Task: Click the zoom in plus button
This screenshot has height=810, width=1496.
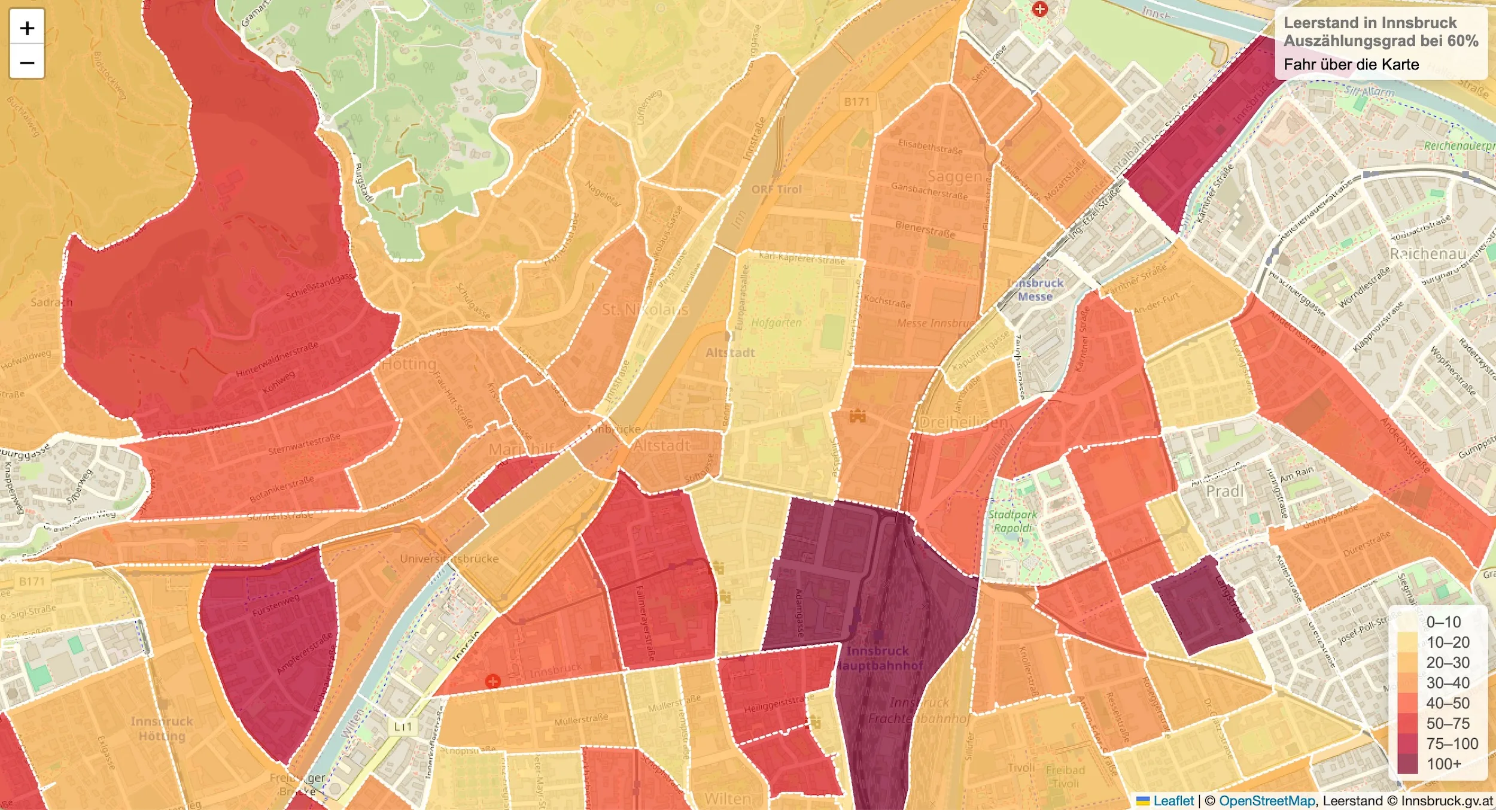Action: coord(27,28)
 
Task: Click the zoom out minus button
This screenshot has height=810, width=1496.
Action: coord(27,62)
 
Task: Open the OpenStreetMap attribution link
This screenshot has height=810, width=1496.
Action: coord(1267,800)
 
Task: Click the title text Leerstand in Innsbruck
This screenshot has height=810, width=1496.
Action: coord(1370,23)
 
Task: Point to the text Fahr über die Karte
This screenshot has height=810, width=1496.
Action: coord(1351,64)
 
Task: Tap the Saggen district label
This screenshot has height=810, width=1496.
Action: coord(954,176)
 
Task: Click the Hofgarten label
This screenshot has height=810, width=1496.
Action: coord(776,323)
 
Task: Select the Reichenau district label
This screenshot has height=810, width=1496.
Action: coord(1428,254)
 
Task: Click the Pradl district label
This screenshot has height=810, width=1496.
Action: coord(1224,492)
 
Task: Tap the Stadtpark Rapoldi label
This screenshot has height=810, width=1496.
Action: coord(1012,521)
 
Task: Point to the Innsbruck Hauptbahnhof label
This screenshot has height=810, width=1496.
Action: coord(878,658)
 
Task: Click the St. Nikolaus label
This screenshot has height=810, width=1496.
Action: coord(645,310)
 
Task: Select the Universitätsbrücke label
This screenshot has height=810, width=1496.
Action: coord(449,559)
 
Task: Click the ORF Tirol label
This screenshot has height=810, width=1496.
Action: coord(776,189)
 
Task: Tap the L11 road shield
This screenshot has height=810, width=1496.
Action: coord(403,726)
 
